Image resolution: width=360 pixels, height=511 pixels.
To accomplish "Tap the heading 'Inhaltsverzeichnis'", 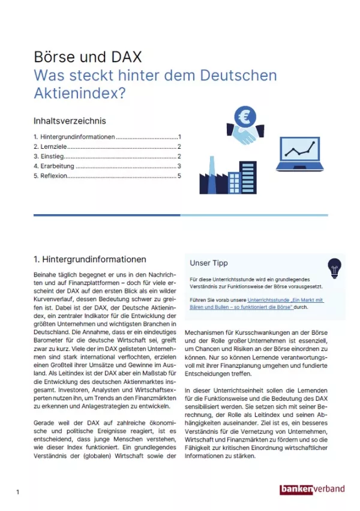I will point(70,121).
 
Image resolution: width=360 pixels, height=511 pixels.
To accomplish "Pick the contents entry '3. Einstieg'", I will point(50,157).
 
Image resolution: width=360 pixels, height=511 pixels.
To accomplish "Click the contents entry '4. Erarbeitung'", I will point(55,166).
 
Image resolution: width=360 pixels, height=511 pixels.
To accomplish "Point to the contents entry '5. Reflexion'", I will point(50,176).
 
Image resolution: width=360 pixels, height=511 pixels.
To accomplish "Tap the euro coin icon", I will point(245,115).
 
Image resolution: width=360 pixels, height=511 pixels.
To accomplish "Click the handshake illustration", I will point(245,135).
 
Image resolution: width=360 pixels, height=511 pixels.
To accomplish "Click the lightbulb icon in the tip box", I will point(334,266).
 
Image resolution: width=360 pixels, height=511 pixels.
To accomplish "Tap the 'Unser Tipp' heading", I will point(209,263).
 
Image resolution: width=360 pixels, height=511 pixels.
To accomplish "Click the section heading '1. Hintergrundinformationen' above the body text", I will point(90,260).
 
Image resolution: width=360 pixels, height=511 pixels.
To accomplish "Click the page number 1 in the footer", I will point(18,492).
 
